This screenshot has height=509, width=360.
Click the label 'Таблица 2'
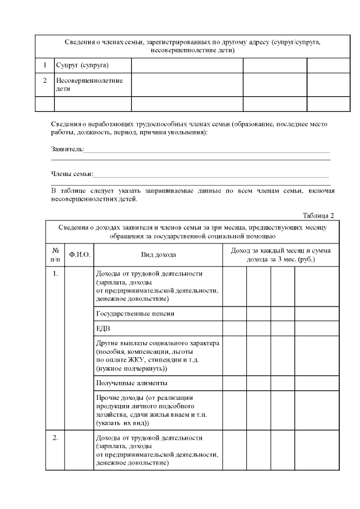coord(318,215)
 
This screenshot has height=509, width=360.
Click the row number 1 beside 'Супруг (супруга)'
coord(44,65)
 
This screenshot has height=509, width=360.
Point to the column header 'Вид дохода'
coord(158,255)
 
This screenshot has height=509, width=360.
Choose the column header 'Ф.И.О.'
coord(79,255)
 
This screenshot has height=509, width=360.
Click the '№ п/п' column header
coord(56,255)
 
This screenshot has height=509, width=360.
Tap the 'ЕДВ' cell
coord(104,328)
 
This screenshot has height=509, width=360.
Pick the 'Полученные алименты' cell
coord(132,384)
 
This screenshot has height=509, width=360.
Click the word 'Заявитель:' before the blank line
coord(67,149)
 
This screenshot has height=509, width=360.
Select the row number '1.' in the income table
coord(56,274)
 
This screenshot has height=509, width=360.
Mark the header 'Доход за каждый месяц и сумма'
coord(281,250)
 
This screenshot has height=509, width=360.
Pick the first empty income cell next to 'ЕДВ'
coord(235,328)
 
